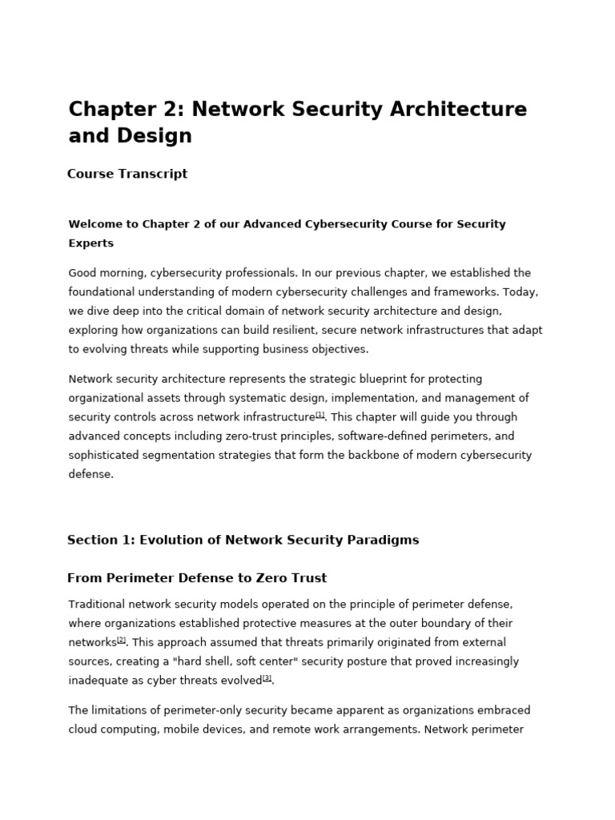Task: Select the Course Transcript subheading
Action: (127, 174)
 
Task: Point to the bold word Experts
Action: (91, 243)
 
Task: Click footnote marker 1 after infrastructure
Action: (320, 415)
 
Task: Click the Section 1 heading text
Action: (243, 541)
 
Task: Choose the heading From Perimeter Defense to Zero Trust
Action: (197, 578)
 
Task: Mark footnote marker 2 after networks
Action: (121, 640)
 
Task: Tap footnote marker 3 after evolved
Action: (267, 678)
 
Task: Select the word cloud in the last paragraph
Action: (84, 730)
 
